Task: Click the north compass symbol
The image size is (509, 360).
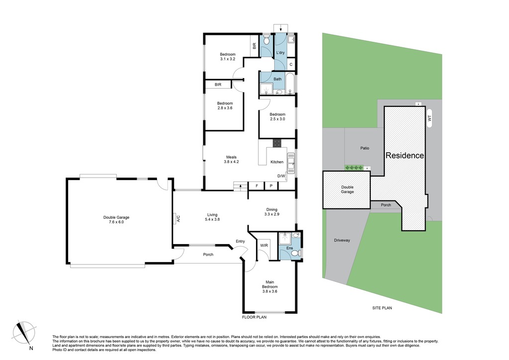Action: pyautogui.click(x=24, y=333)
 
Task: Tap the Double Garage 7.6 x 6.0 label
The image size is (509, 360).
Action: pyautogui.click(x=116, y=220)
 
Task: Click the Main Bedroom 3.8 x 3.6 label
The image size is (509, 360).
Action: pyautogui.click(x=270, y=286)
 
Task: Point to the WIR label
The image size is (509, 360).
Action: pyautogui.click(x=264, y=246)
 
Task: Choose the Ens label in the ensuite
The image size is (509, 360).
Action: pyautogui.click(x=290, y=248)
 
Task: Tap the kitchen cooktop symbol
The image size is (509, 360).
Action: pyautogui.click(x=277, y=143)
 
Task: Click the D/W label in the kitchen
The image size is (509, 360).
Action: pyautogui.click(x=281, y=176)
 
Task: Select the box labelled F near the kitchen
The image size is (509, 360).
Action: pyautogui.click(x=257, y=186)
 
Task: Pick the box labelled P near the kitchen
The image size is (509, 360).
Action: pyautogui.click(x=271, y=186)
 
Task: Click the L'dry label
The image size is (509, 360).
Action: pyautogui.click(x=280, y=53)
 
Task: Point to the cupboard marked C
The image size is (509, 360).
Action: pyautogui.click(x=291, y=64)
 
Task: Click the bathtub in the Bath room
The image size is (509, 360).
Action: pyautogui.click(x=290, y=83)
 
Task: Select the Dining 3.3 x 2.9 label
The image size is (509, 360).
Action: pyautogui.click(x=272, y=212)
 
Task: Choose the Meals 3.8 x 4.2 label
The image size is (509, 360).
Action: pyautogui.click(x=232, y=160)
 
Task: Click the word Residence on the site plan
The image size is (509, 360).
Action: pyautogui.click(x=405, y=156)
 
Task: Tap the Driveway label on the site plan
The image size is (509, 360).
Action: pyautogui.click(x=342, y=241)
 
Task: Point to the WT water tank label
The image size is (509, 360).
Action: pyautogui.click(x=430, y=119)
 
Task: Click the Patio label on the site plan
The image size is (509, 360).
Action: pyautogui.click(x=364, y=148)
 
